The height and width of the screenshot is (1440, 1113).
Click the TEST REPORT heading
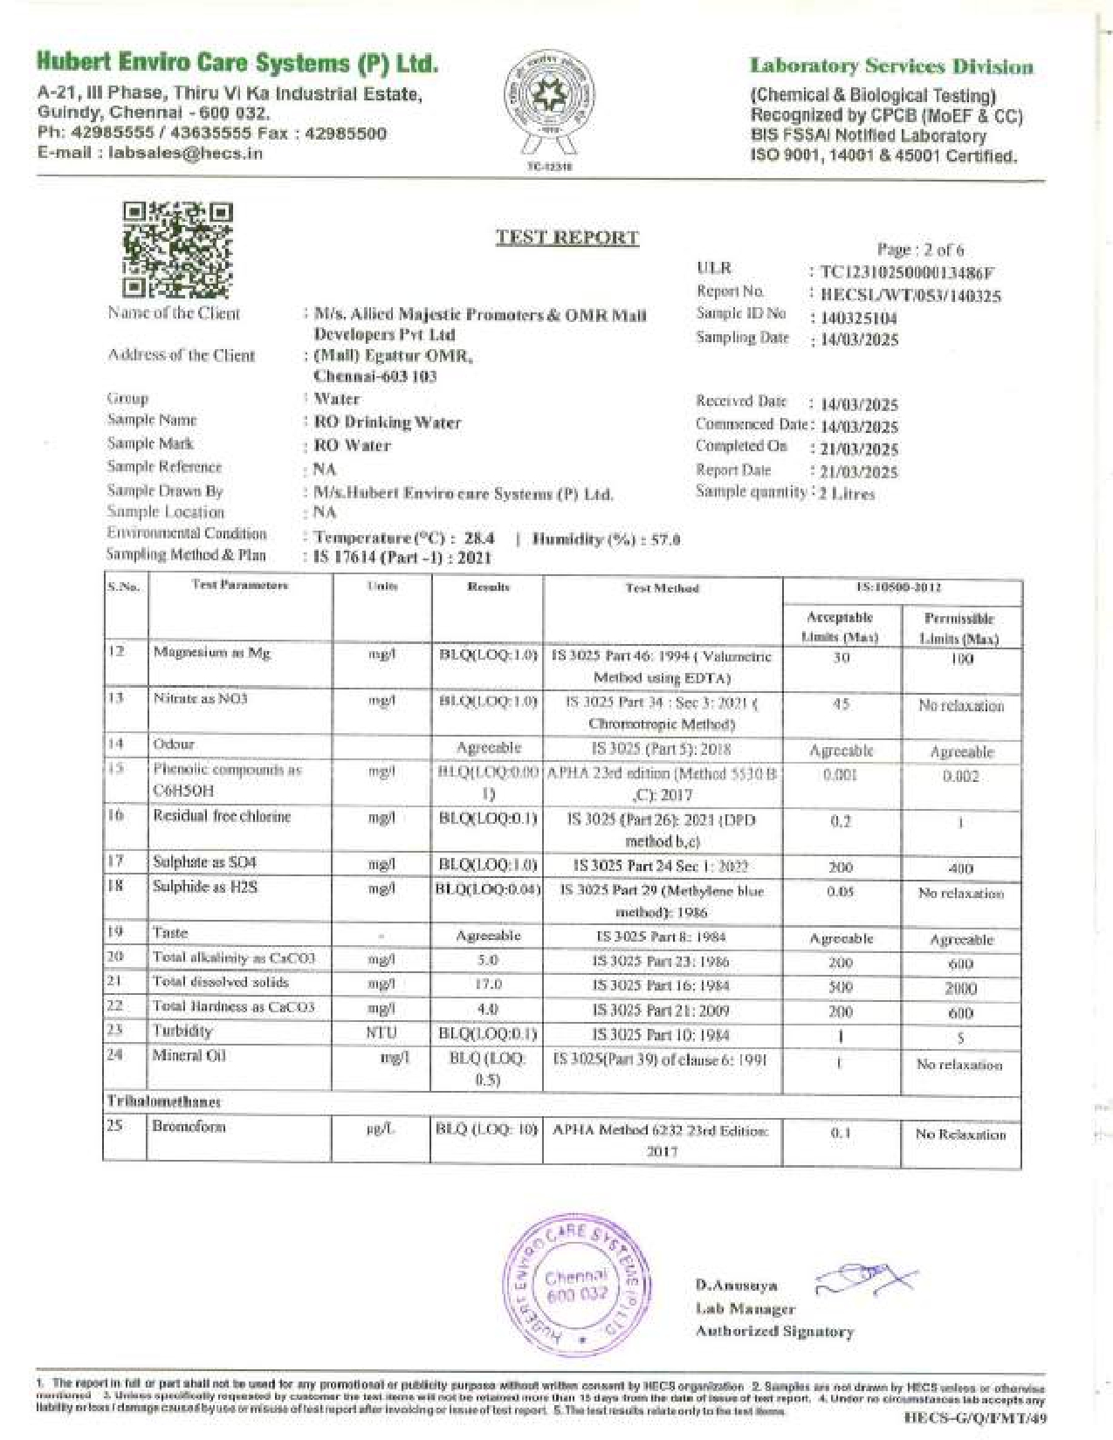(567, 237)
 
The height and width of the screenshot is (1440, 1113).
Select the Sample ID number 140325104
(859, 319)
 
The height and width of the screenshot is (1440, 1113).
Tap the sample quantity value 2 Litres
(847, 493)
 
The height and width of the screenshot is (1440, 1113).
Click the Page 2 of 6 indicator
(920, 250)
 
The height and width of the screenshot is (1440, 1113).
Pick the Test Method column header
(662, 588)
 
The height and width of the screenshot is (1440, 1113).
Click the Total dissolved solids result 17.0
(488, 984)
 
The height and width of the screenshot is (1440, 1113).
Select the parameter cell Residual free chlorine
(222, 817)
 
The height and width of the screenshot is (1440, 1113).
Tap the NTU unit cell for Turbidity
(381, 1033)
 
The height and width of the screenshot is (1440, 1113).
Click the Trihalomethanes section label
(164, 1101)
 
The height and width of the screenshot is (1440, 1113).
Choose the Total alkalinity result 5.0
(488, 960)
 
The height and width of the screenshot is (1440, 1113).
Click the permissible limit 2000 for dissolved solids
(960, 989)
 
